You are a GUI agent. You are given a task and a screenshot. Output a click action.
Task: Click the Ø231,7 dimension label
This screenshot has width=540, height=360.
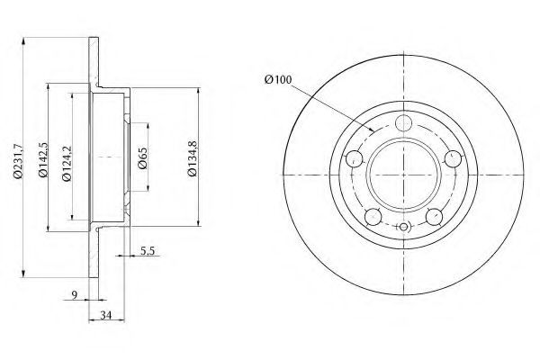click(x=18, y=160)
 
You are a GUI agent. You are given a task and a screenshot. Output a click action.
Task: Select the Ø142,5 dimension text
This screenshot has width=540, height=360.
click(x=43, y=159)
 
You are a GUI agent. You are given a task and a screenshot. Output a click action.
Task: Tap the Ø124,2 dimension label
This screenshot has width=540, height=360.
click(x=67, y=163)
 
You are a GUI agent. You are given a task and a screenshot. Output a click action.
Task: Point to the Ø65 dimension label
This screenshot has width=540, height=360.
click(x=142, y=158)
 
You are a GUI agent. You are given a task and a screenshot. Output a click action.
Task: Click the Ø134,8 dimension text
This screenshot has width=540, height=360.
click(x=193, y=158)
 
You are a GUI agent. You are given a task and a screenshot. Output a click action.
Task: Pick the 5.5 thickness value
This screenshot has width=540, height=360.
click(x=148, y=251)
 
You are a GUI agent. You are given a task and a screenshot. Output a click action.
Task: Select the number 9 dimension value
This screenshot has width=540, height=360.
click(x=75, y=294)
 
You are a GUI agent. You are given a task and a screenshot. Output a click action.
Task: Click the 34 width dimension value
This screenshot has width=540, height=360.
click(x=106, y=315)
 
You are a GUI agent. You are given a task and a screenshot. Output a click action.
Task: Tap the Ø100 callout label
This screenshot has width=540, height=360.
click(x=278, y=79)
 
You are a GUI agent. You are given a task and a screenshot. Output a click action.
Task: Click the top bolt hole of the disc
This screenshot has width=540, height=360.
click(x=403, y=123)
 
